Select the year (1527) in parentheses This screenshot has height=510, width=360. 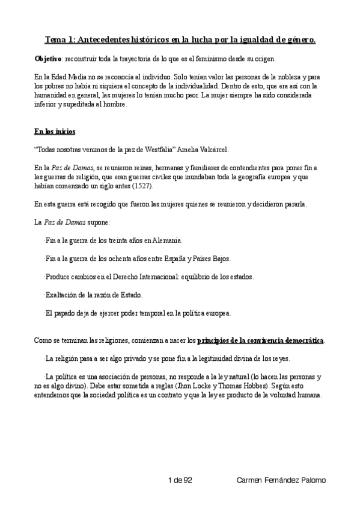pyautogui.click(x=142, y=186)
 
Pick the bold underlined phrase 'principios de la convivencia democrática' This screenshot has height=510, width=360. pyautogui.click(x=260, y=341)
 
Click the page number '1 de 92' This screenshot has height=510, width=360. pyautogui.click(x=180, y=479)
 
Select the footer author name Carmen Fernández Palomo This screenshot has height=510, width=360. pyautogui.click(x=281, y=479)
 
